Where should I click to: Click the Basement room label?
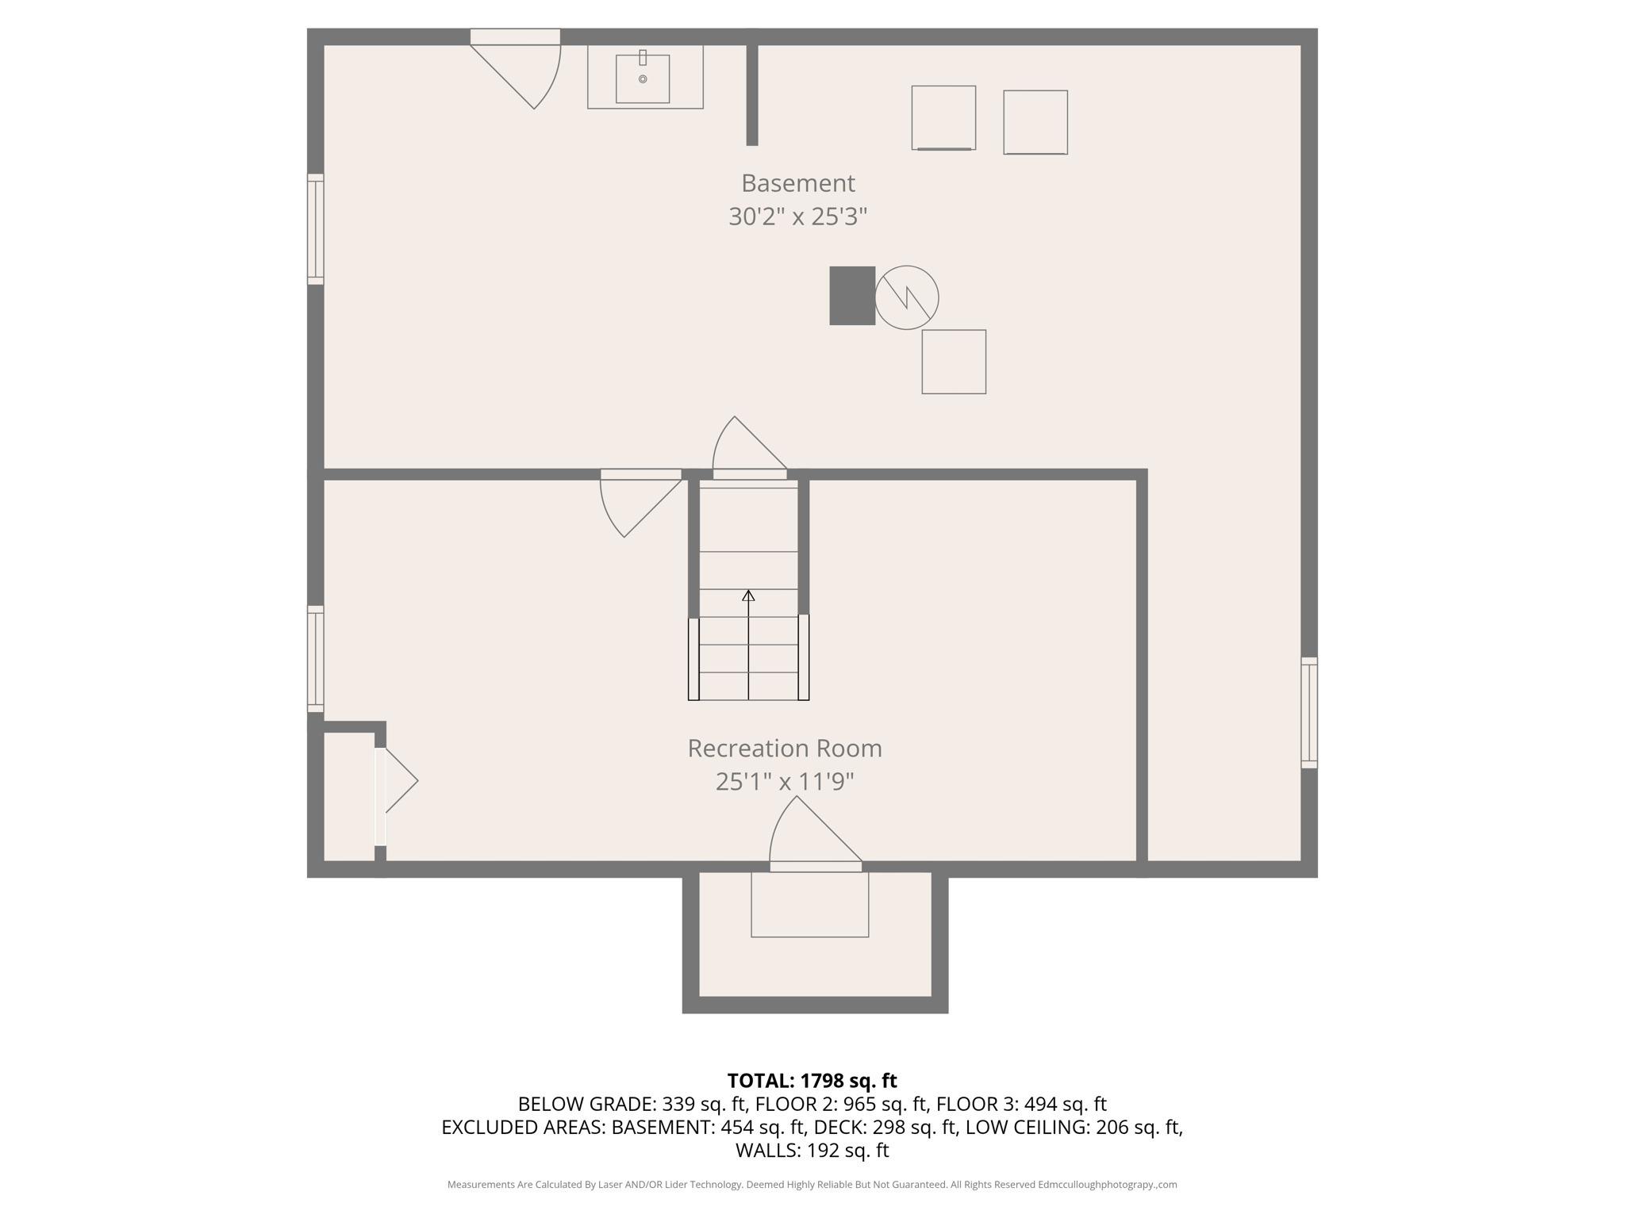pos(797,183)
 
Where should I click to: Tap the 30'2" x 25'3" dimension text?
pos(797,216)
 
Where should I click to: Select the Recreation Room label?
pos(784,749)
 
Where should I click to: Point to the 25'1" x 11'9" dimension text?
pos(784,782)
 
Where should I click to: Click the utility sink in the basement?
pos(643,79)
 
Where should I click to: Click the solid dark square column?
pos(851,296)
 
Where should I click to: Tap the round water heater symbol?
pos(907,297)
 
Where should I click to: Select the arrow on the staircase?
pos(748,596)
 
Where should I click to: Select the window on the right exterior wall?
pos(1309,712)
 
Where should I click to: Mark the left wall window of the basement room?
pos(316,229)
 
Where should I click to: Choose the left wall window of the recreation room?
pos(316,659)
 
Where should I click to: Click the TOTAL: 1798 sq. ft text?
pos(812,1081)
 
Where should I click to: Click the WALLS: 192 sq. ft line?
pos(812,1150)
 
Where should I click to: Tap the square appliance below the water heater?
pos(954,362)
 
